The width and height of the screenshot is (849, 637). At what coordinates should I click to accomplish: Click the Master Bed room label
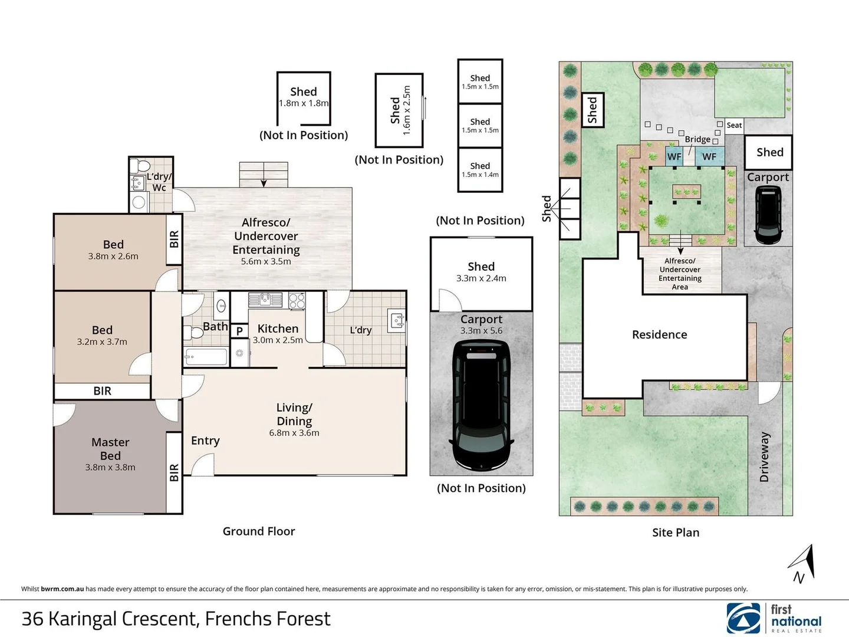(x=110, y=449)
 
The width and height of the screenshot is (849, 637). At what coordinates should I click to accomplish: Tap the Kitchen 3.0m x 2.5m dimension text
(x=278, y=340)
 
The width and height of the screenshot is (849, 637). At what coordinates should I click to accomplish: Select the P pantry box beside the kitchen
(x=239, y=331)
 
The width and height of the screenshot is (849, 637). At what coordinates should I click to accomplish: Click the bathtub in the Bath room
(x=206, y=357)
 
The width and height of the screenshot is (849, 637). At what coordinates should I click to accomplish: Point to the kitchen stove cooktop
(x=297, y=301)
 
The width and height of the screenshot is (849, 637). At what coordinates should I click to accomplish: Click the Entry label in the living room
(x=205, y=441)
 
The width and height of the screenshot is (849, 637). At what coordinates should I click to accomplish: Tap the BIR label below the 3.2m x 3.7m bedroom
(x=102, y=391)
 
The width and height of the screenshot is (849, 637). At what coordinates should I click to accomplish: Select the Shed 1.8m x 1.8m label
(x=304, y=97)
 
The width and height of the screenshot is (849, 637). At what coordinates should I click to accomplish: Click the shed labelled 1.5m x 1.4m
(x=480, y=170)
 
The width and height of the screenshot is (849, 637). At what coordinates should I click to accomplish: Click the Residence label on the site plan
(x=660, y=334)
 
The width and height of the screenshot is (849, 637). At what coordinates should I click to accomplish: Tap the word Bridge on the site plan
(x=697, y=139)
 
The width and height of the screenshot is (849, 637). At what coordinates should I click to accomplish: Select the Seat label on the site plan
(x=734, y=125)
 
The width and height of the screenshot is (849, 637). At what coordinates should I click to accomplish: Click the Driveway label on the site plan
(x=764, y=457)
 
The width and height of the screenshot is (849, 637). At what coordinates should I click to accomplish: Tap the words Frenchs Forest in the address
(x=268, y=619)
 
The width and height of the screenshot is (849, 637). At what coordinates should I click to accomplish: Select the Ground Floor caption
(x=259, y=531)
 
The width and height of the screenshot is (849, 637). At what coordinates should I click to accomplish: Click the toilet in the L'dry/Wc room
(x=139, y=166)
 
